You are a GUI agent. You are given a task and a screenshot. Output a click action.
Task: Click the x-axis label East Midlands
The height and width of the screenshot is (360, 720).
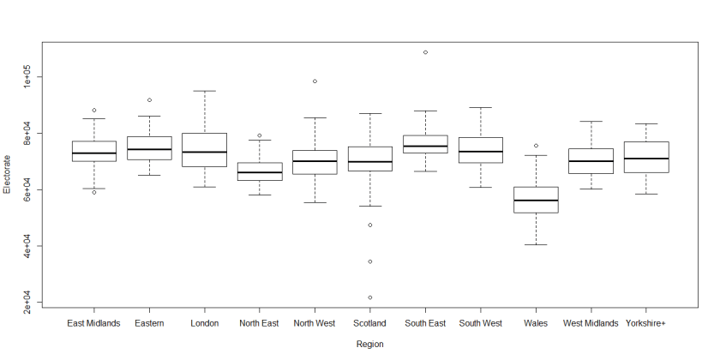pos(94,323)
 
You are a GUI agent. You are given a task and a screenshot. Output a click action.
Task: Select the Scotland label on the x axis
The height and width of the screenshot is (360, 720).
pos(369,323)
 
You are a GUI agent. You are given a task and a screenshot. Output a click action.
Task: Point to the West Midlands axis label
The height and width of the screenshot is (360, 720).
pos(591,323)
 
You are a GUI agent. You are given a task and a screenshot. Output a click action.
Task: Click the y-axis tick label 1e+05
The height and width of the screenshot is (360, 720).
pos(27,77)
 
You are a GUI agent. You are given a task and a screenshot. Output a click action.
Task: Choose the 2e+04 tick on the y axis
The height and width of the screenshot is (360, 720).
pos(27,302)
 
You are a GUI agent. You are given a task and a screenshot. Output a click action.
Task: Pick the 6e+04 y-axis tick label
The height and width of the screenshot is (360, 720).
pos(27,189)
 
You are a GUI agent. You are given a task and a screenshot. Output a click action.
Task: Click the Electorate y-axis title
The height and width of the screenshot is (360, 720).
pos(8,174)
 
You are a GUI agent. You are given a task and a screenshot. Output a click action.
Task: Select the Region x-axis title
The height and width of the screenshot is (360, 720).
pos(369,344)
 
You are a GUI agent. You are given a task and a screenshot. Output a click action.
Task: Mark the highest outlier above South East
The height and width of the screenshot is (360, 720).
pos(425,52)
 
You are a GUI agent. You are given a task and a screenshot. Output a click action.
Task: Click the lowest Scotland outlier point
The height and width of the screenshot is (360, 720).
pos(369,297)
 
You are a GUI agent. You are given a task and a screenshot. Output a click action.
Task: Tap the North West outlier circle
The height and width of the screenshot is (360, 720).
pos(315,81)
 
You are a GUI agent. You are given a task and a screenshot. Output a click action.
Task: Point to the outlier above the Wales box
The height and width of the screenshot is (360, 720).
pos(536,146)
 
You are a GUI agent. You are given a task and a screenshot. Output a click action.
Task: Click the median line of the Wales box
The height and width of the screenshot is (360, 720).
pos(536,201)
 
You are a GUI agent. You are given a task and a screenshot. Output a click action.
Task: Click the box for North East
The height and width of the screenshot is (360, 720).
pos(260,171)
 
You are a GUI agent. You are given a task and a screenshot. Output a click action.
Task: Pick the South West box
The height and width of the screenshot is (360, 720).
pos(480,150)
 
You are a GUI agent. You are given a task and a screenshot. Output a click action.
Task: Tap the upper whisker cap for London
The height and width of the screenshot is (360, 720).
pos(205,91)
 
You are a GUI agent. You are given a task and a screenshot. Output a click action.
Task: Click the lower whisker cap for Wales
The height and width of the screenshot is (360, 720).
pos(536,245)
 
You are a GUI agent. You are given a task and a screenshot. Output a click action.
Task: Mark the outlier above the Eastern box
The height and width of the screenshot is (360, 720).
pos(149,100)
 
